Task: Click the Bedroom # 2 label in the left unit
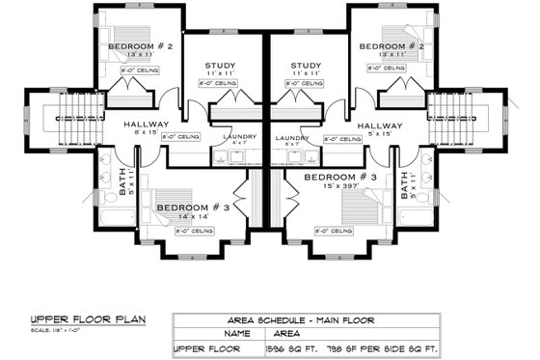[140, 46]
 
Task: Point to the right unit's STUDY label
[306, 66]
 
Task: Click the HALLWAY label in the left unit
[147, 125]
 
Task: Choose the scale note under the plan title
[53, 329]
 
